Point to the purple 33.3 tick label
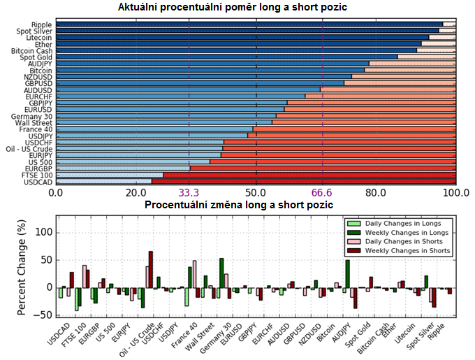tap(189, 193)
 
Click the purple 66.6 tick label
tap(323, 193)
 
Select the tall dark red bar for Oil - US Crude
tap(150, 269)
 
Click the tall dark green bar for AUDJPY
tap(347, 273)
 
